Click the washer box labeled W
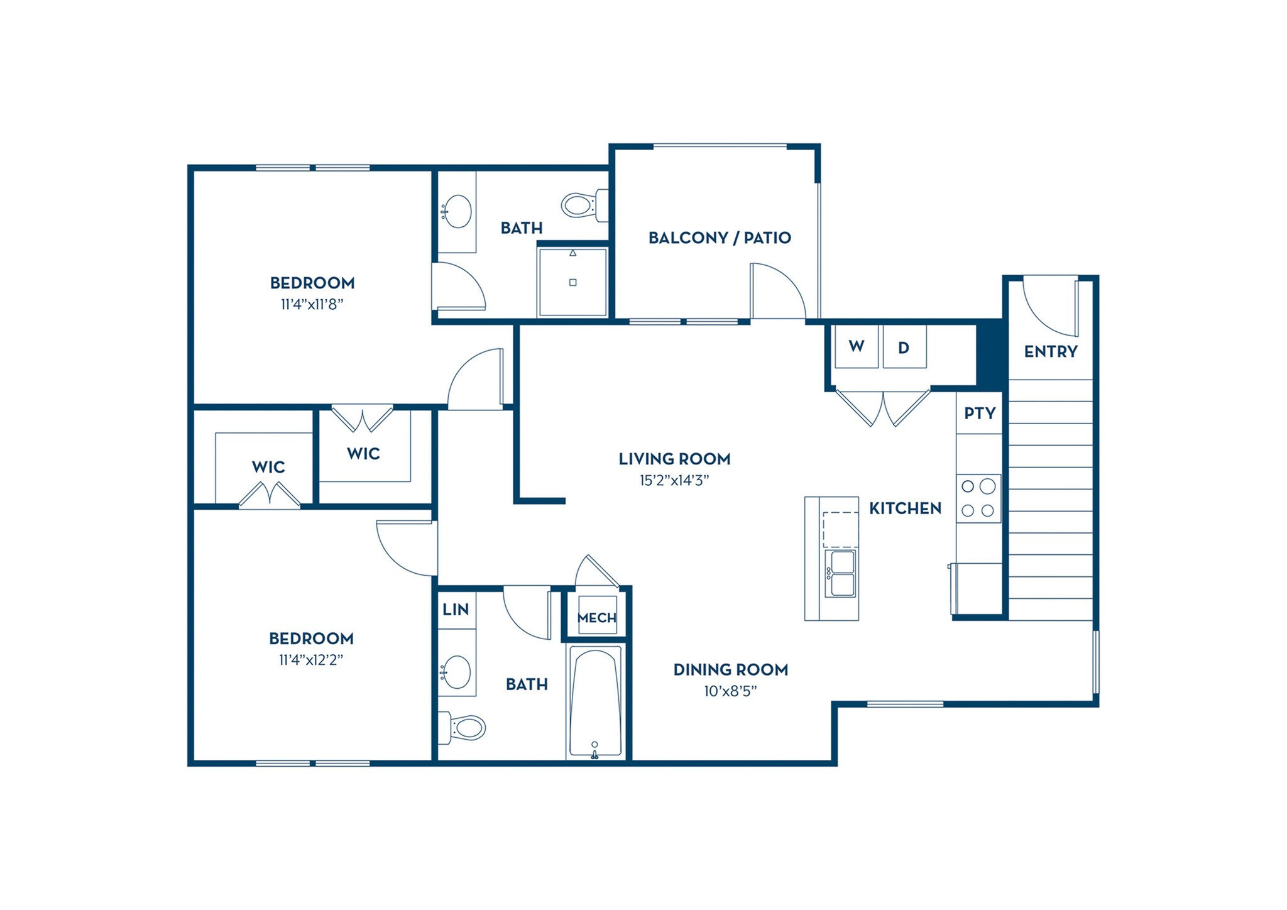[x=856, y=346]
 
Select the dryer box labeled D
[x=904, y=346]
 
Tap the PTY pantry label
[x=980, y=414]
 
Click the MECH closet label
[x=596, y=618]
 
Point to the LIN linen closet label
[x=456, y=609]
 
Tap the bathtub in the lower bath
[x=595, y=703]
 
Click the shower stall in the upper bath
[x=572, y=283]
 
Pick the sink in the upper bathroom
[x=456, y=211]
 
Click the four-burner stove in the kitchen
[x=978, y=498]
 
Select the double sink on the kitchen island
[x=841, y=573]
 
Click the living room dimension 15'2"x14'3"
[x=674, y=481]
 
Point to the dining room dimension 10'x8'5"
[x=730, y=691]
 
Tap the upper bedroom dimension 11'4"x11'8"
[x=312, y=305]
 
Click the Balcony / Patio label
[x=720, y=238]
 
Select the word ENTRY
[x=1050, y=351]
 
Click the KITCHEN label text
[x=905, y=508]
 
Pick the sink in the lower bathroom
[x=456, y=671]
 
